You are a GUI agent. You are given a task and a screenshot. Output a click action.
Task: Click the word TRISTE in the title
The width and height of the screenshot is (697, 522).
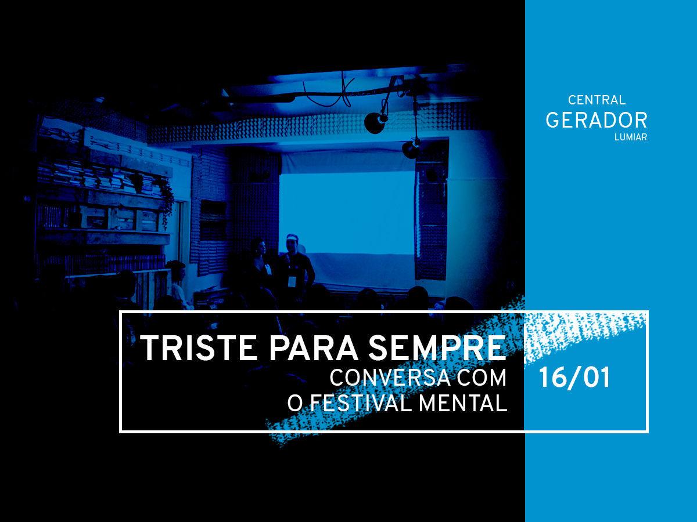(199, 347)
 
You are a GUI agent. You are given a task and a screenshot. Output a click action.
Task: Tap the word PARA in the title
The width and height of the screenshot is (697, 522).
(314, 347)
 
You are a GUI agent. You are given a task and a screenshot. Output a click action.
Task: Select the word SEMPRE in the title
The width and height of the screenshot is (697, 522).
(437, 347)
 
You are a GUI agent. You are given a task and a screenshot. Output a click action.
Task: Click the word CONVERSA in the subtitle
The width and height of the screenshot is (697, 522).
(390, 378)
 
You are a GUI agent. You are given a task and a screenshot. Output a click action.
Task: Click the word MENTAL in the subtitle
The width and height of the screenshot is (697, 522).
(463, 403)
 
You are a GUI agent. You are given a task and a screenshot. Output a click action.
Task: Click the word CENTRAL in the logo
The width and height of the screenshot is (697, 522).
(597, 100)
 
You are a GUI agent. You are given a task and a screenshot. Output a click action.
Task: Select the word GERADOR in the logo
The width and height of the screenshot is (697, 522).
(597, 121)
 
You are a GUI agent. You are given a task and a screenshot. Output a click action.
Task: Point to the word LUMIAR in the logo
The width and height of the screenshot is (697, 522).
(631, 137)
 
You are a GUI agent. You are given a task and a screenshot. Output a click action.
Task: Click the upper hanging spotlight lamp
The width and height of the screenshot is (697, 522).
(376, 122)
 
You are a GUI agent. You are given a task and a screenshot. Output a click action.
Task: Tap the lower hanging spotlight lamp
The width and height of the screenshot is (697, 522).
(412, 148)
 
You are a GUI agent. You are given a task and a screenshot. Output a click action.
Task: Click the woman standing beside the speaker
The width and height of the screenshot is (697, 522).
(259, 268)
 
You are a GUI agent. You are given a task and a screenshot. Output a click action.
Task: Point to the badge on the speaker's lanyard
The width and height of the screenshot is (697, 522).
(292, 281)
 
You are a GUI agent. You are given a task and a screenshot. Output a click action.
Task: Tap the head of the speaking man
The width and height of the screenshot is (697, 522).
(292, 243)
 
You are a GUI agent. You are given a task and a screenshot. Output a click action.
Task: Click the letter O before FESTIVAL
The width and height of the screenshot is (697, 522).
(294, 403)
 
